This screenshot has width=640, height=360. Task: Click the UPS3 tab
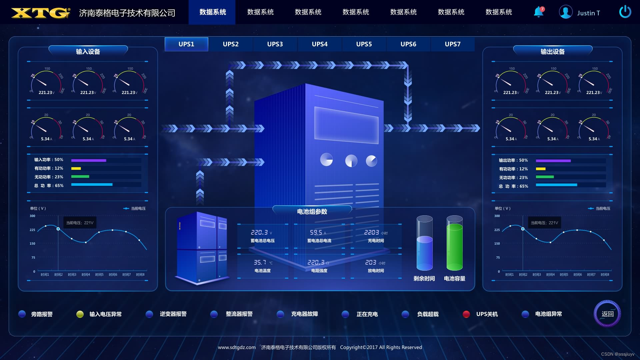[x=275, y=44]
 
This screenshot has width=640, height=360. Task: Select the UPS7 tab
[x=452, y=44]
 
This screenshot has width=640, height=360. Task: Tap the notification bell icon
[x=538, y=12]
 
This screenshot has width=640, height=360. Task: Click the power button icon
[x=625, y=12]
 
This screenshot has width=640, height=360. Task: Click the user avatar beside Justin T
[x=566, y=12]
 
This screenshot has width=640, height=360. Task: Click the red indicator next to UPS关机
[x=466, y=314]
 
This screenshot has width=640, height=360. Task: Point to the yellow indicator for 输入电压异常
[x=80, y=314]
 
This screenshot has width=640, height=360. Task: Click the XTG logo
[x=41, y=13]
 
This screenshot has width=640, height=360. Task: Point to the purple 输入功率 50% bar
[x=89, y=160]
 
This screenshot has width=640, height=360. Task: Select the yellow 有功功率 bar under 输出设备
[x=541, y=169]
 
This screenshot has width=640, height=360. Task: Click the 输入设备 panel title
[x=88, y=52]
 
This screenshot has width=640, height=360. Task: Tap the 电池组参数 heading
[x=312, y=212]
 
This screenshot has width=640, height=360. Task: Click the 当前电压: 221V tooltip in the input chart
[x=80, y=223]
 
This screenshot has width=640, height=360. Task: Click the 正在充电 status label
[x=367, y=314]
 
